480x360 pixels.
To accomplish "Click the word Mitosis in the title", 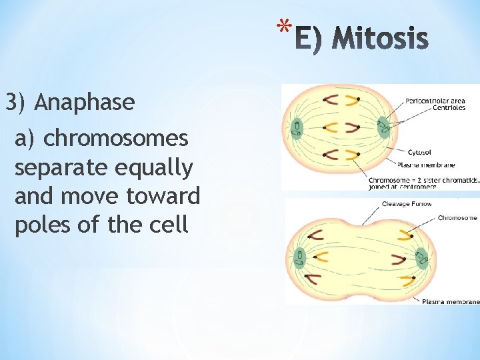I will [x=380, y=39].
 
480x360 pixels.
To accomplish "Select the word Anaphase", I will [x=85, y=103].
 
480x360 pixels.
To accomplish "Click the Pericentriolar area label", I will [x=435, y=101].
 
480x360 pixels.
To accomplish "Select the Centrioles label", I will [x=449, y=107].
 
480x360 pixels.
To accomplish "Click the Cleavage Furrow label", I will [x=407, y=204].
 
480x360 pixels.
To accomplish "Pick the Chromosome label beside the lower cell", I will [x=457, y=218].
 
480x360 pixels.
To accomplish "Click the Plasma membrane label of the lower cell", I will [x=451, y=301].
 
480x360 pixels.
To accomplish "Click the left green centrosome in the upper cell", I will [x=297, y=129].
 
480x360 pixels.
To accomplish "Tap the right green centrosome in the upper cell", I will [x=383, y=125].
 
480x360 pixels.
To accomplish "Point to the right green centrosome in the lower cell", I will [x=421, y=257].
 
